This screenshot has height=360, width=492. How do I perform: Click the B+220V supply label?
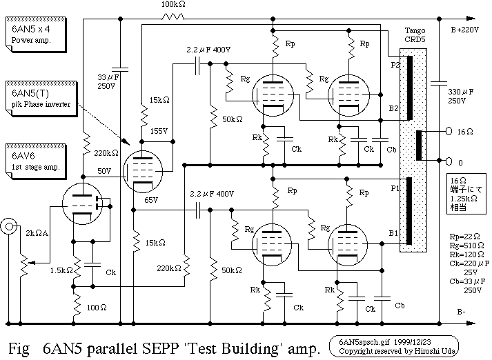[x=466, y=30]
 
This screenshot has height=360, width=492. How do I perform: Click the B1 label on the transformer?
[x=394, y=234]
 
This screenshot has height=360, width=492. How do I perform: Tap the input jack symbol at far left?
[x=9, y=226]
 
